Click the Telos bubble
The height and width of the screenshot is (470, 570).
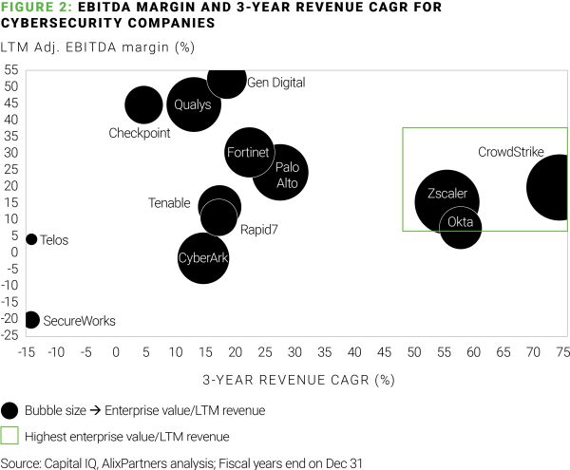click(31, 239)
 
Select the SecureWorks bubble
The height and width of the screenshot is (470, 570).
click(31, 320)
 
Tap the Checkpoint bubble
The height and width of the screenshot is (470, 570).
click(143, 105)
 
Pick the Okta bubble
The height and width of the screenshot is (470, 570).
click(461, 227)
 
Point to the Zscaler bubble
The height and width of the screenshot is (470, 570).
click(446, 200)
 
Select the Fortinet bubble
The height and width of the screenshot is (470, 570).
click(249, 152)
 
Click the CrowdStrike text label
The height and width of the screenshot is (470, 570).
click(510, 152)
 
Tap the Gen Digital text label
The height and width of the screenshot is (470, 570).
click(275, 83)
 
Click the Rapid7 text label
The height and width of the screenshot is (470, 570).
click(258, 229)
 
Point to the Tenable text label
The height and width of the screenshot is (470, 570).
click(171, 202)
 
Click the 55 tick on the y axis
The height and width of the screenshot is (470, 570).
click(12, 70)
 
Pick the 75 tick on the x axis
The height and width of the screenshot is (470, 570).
click(562, 351)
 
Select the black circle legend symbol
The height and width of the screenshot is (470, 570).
click(10, 409)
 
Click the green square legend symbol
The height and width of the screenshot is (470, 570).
click(10, 436)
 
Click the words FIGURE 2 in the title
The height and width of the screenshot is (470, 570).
click(35, 8)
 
